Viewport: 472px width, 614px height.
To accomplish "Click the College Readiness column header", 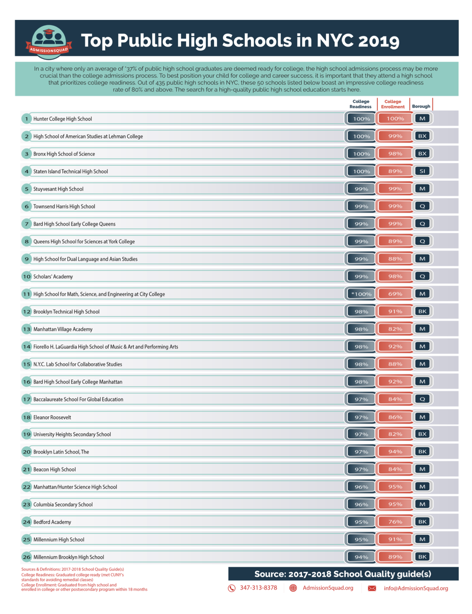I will [360, 104].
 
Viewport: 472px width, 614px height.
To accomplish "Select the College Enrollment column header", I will [393, 104].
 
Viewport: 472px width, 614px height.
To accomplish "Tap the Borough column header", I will [421, 106].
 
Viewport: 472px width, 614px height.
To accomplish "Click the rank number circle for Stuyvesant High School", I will [26, 189].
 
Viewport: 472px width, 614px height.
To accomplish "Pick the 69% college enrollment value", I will [395, 294].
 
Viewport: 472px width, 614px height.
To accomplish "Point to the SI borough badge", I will [422, 171].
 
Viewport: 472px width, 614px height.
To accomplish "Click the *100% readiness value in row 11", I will [361, 294].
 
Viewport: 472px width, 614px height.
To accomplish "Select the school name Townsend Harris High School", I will [64, 206].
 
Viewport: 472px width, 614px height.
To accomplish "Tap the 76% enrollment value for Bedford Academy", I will [395, 522].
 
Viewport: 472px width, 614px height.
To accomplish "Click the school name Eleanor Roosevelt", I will [52, 417].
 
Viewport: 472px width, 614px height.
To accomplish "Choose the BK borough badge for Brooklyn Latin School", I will [422, 452].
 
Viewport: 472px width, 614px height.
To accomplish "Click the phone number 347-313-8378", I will [258, 588].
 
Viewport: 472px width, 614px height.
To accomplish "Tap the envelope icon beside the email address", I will [372, 588].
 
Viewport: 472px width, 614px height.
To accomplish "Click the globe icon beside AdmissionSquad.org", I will [293, 588].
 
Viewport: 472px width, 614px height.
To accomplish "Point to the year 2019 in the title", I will [378, 41].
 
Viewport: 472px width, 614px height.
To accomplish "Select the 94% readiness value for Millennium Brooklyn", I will [361, 557].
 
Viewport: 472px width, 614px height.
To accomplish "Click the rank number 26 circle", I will [26, 557].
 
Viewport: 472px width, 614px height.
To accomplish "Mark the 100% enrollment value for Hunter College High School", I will [395, 119].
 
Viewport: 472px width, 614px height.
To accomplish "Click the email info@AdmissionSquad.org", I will [416, 588].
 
